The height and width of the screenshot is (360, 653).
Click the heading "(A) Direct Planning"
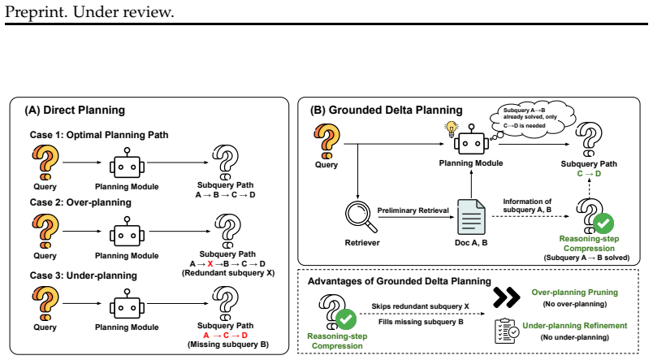(x=75, y=110)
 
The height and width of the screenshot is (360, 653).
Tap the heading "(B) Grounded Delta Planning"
(x=386, y=110)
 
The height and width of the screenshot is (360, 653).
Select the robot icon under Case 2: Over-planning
(x=127, y=232)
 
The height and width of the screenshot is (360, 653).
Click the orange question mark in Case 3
(x=45, y=303)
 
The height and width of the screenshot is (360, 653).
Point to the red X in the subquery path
(x=210, y=264)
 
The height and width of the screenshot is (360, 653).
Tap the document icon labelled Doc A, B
(x=471, y=217)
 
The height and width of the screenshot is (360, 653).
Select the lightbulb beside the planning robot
(x=451, y=129)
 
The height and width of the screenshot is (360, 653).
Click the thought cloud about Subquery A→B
(x=533, y=118)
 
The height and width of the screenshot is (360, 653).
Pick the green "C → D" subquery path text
(x=589, y=174)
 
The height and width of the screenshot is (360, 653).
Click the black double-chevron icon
(x=506, y=297)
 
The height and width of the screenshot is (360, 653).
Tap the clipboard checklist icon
(x=507, y=331)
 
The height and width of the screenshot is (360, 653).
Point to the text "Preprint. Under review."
(x=89, y=11)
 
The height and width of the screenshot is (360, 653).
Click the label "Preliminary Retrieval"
(x=413, y=210)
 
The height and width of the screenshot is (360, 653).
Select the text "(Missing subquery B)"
(x=228, y=345)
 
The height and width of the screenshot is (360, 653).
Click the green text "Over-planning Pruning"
(x=575, y=293)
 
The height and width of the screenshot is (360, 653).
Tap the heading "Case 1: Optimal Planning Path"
(x=99, y=135)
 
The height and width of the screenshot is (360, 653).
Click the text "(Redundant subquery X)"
(x=228, y=273)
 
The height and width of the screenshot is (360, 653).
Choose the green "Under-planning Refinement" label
(x=575, y=326)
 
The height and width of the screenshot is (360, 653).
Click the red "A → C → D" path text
(x=225, y=336)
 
